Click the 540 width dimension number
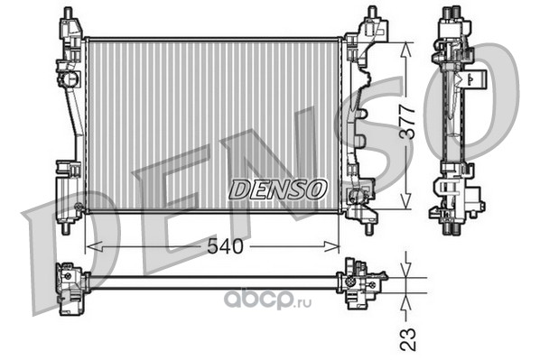coord(225,246)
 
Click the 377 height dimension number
coord(407,123)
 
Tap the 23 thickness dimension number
coord(408,339)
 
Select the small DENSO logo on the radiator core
coord(277,189)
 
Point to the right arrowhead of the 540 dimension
coord(331,246)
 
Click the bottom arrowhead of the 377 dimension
coord(406,200)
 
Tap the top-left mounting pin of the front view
coord(68,13)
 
